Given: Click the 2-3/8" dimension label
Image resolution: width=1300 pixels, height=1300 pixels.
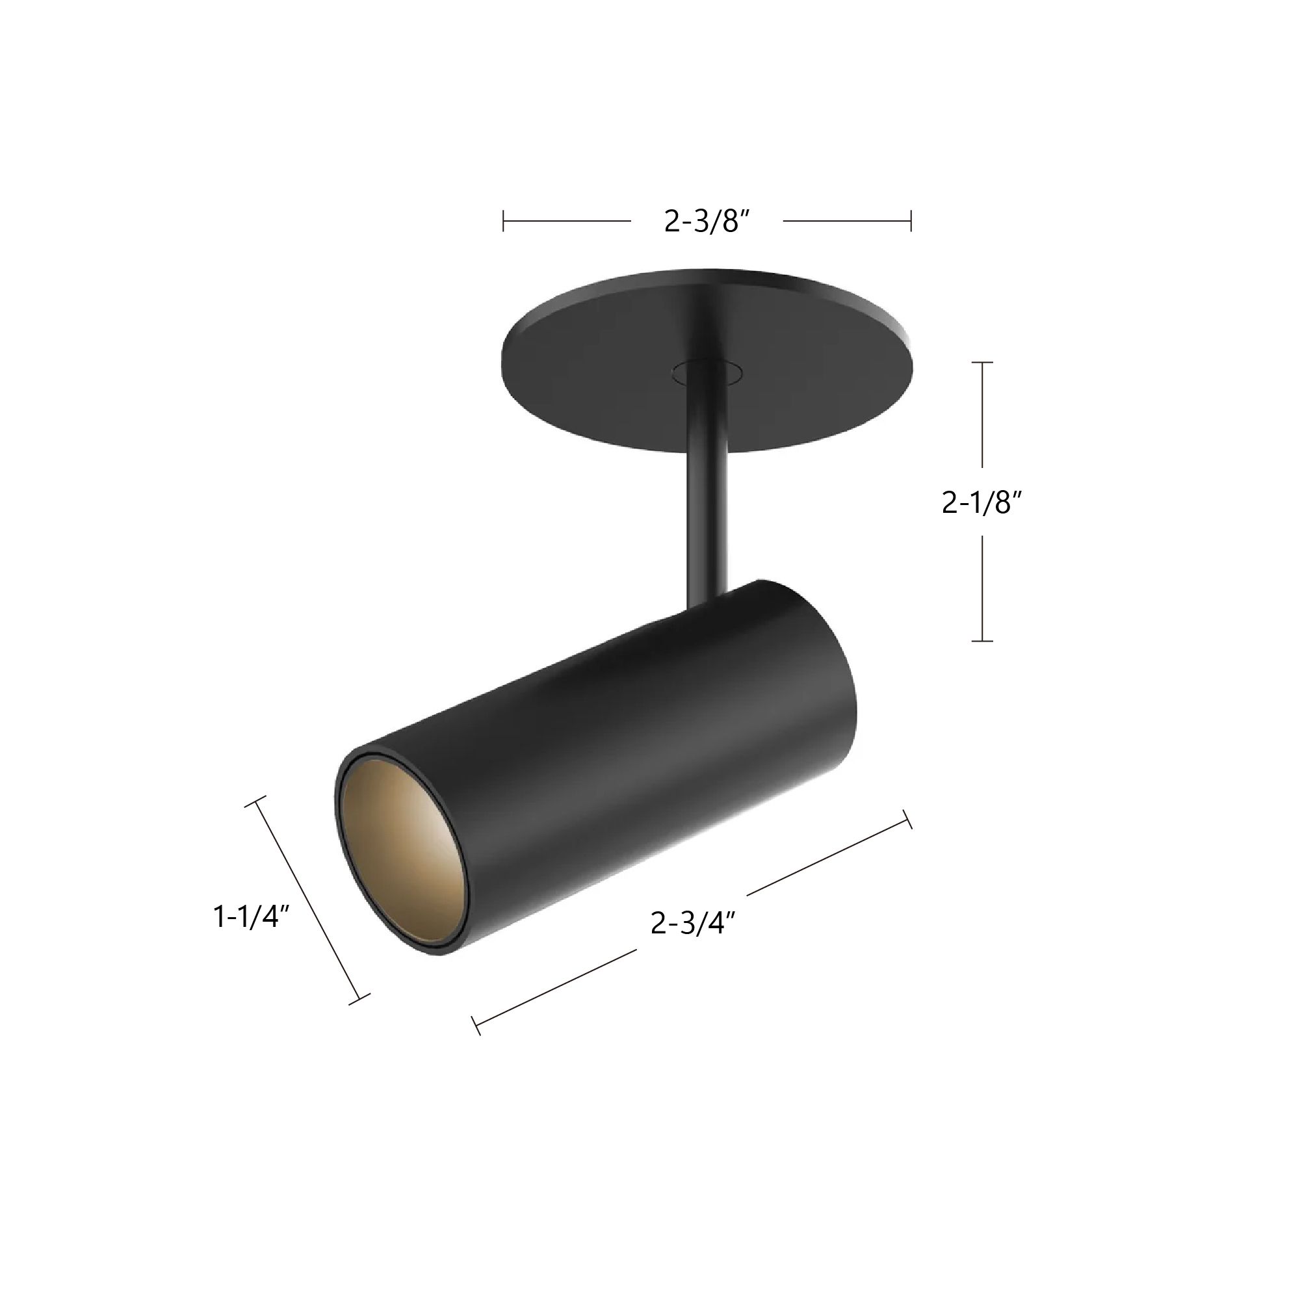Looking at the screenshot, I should tap(707, 221).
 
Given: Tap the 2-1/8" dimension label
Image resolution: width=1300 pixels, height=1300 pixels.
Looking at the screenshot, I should tap(981, 502).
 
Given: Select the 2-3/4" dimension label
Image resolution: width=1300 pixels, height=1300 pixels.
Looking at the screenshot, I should tap(692, 923).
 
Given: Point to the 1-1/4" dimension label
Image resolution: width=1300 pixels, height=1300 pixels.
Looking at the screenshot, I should tap(251, 916).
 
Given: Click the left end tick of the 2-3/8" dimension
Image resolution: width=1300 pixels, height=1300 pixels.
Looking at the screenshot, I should tap(503, 221).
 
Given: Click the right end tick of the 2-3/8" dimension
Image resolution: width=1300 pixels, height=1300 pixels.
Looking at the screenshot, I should tap(911, 221).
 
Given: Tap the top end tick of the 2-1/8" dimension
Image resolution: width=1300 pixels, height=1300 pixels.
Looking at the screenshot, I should tap(982, 363).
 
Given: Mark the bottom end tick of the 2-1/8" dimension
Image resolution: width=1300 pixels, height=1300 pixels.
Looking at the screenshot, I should tap(982, 641).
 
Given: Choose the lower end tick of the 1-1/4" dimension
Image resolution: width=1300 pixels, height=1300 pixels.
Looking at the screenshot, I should tap(359, 999).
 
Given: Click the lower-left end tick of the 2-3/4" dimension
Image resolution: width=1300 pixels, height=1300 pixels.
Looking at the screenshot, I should tap(477, 1026).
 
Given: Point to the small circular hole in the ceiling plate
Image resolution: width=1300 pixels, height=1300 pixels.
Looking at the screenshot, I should tap(707, 371).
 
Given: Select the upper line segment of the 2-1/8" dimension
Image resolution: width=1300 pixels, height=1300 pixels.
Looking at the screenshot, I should tap(982, 415).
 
